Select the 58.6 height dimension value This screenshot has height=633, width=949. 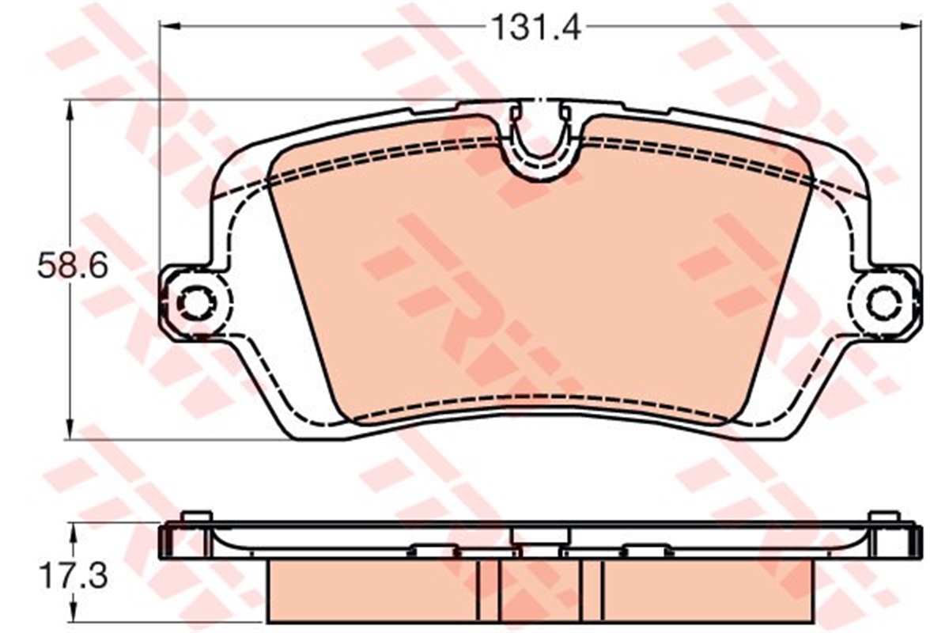coord(71,267)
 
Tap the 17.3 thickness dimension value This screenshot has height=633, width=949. coord(72,574)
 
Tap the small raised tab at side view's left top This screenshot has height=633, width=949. coord(195,517)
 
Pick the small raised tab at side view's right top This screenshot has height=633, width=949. coord(883,517)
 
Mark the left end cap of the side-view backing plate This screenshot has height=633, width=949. coord(167,543)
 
